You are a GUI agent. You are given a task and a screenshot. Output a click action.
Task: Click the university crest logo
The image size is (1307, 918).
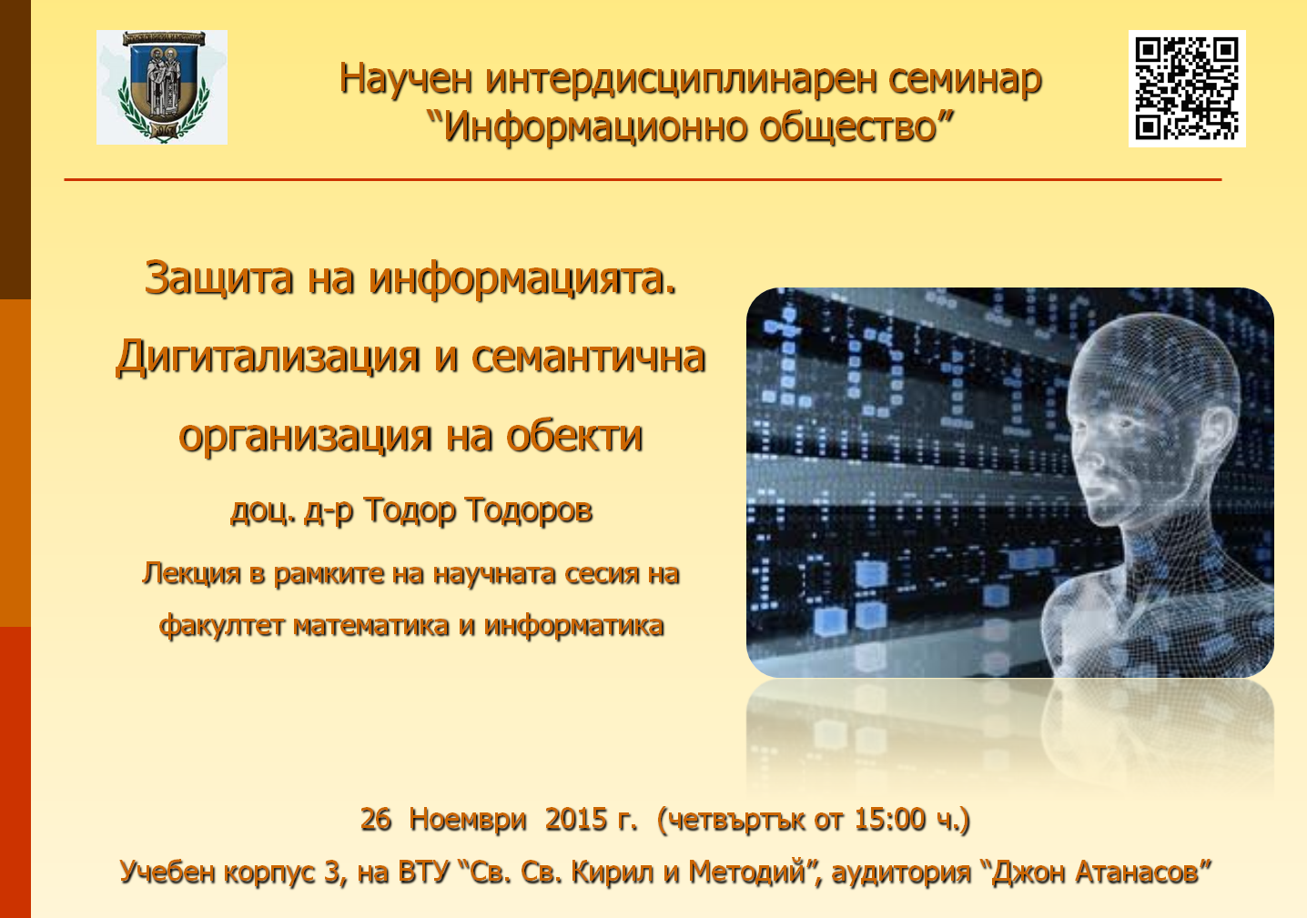pos(162,87)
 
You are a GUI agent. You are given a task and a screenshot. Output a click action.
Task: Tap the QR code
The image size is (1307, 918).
pos(1187,88)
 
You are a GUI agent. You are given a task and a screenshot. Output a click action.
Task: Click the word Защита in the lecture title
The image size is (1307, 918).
pos(218,278)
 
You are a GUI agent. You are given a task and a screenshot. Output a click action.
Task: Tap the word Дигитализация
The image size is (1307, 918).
pos(268,358)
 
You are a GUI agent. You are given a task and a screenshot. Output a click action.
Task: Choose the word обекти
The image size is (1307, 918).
pos(574,435)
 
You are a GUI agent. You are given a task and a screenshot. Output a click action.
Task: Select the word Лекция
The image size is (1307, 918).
pos(191,574)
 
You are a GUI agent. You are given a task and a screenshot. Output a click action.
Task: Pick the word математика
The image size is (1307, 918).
pos(371,626)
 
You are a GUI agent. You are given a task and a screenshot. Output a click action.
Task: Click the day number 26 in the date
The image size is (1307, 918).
pos(376,819)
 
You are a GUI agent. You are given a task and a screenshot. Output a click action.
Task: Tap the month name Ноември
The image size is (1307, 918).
pos(467,820)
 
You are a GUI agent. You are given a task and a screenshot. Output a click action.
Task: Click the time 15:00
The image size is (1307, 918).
pos(890,819)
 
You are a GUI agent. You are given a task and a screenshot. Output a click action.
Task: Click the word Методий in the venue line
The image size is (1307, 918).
pos(747,873)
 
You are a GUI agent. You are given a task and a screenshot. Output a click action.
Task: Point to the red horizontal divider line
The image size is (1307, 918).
pos(643,179)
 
